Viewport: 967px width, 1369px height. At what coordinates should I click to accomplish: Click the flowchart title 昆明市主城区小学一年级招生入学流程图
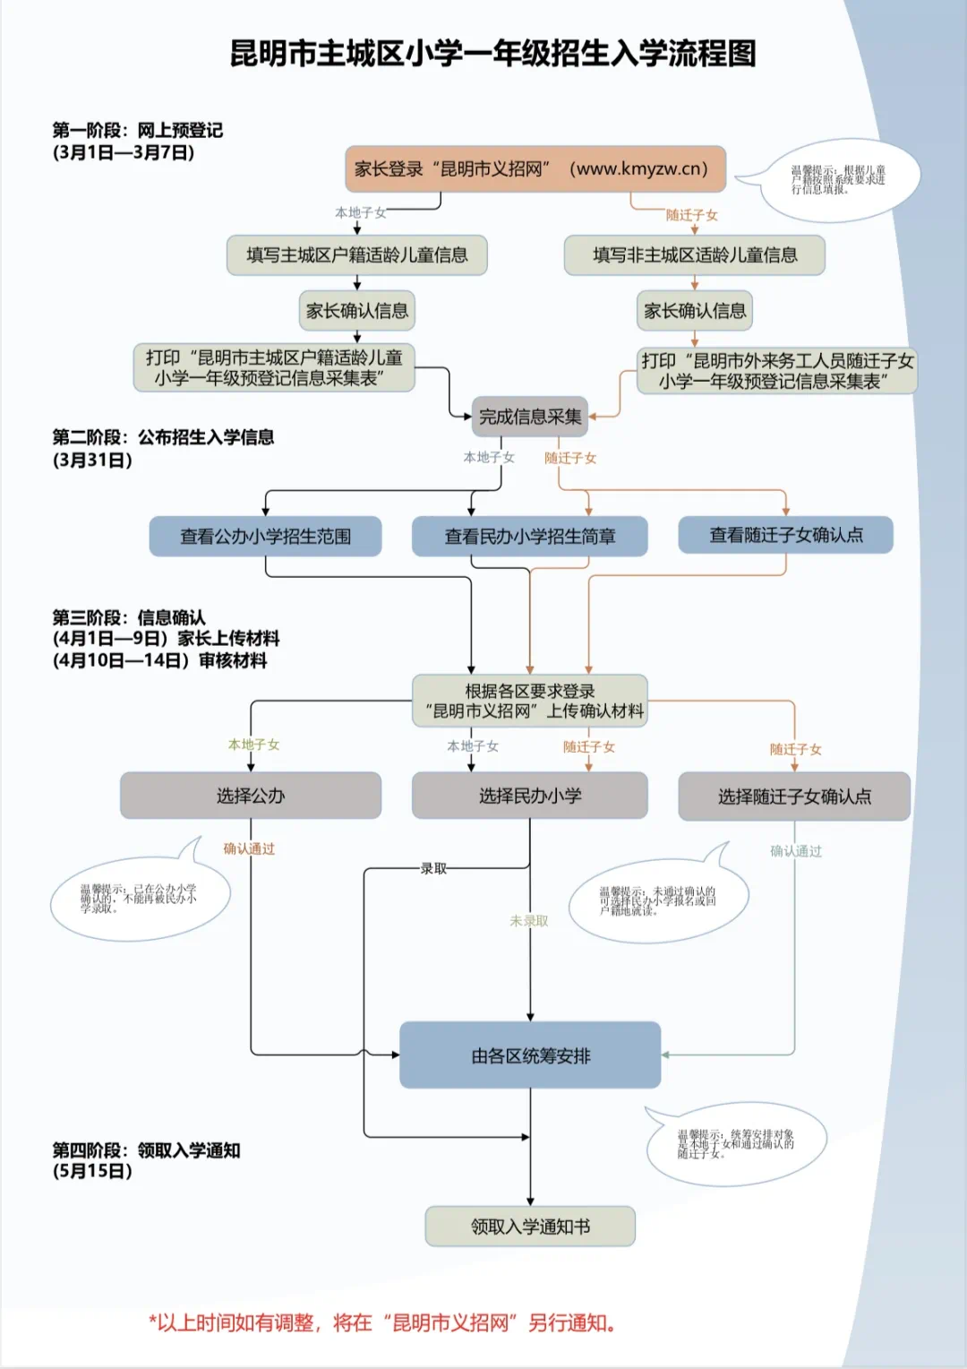click(493, 54)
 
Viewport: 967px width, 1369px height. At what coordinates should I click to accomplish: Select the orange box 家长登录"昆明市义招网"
click(535, 169)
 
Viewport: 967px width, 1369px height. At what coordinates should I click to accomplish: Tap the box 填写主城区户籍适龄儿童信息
click(356, 255)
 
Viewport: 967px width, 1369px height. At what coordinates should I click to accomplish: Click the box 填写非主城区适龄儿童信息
click(694, 255)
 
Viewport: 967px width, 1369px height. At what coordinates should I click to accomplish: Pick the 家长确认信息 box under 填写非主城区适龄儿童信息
click(694, 311)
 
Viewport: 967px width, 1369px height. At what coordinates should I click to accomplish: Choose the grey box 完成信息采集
click(529, 417)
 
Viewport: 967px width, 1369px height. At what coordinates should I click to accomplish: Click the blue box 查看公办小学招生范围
click(265, 537)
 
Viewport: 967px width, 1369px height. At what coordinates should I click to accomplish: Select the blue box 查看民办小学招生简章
click(529, 537)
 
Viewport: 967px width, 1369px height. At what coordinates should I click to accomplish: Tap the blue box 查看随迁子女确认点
click(785, 535)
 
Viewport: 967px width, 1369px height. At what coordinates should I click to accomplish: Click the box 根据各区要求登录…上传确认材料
click(529, 701)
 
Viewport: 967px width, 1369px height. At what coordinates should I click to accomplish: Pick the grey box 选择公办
click(251, 796)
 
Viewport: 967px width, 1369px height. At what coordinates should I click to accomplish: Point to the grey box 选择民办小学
click(529, 796)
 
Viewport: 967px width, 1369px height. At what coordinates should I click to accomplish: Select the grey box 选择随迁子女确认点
click(793, 796)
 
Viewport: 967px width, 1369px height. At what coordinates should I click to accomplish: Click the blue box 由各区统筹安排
click(530, 1055)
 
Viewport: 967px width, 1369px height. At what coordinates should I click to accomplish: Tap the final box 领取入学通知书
click(530, 1227)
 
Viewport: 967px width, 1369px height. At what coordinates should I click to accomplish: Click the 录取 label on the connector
click(433, 868)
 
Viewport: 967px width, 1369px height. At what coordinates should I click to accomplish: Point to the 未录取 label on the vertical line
click(528, 920)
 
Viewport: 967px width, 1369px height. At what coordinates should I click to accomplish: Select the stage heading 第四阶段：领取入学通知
click(146, 1150)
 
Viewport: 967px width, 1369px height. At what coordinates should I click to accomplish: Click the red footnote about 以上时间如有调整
click(382, 1323)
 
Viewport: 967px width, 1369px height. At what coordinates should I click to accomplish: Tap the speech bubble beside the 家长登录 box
click(837, 180)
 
